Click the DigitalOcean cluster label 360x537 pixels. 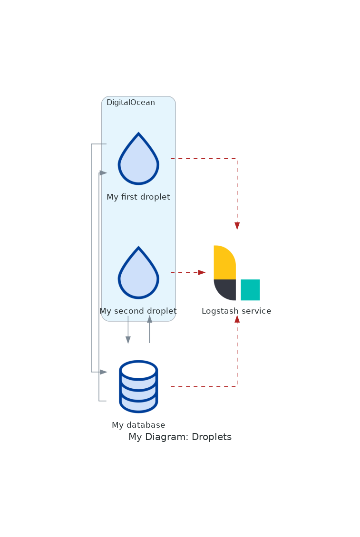click(x=131, y=103)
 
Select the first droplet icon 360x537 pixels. click(x=138, y=159)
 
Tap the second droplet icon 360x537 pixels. click(x=138, y=273)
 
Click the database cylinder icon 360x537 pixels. click(x=138, y=386)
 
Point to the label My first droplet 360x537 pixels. click(x=138, y=197)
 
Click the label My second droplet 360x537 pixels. click(x=138, y=311)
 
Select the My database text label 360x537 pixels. click(x=138, y=425)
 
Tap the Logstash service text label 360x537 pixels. click(x=236, y=311)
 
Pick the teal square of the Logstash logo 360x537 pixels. click(x=250, y=289)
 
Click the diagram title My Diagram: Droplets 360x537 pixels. click(x=180, y=437)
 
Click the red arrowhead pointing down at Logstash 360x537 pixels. click(x=237, y=226)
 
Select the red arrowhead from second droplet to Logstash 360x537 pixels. click(x=202, y=272)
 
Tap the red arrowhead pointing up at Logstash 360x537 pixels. click(x=237, y=319)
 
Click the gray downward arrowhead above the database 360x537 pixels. click(x=128, y=340)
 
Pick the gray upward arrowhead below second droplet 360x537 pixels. click(x=149, y=319)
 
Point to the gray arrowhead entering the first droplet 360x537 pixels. click(x=103, y=173)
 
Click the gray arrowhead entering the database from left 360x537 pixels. click(x=103, y=372)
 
